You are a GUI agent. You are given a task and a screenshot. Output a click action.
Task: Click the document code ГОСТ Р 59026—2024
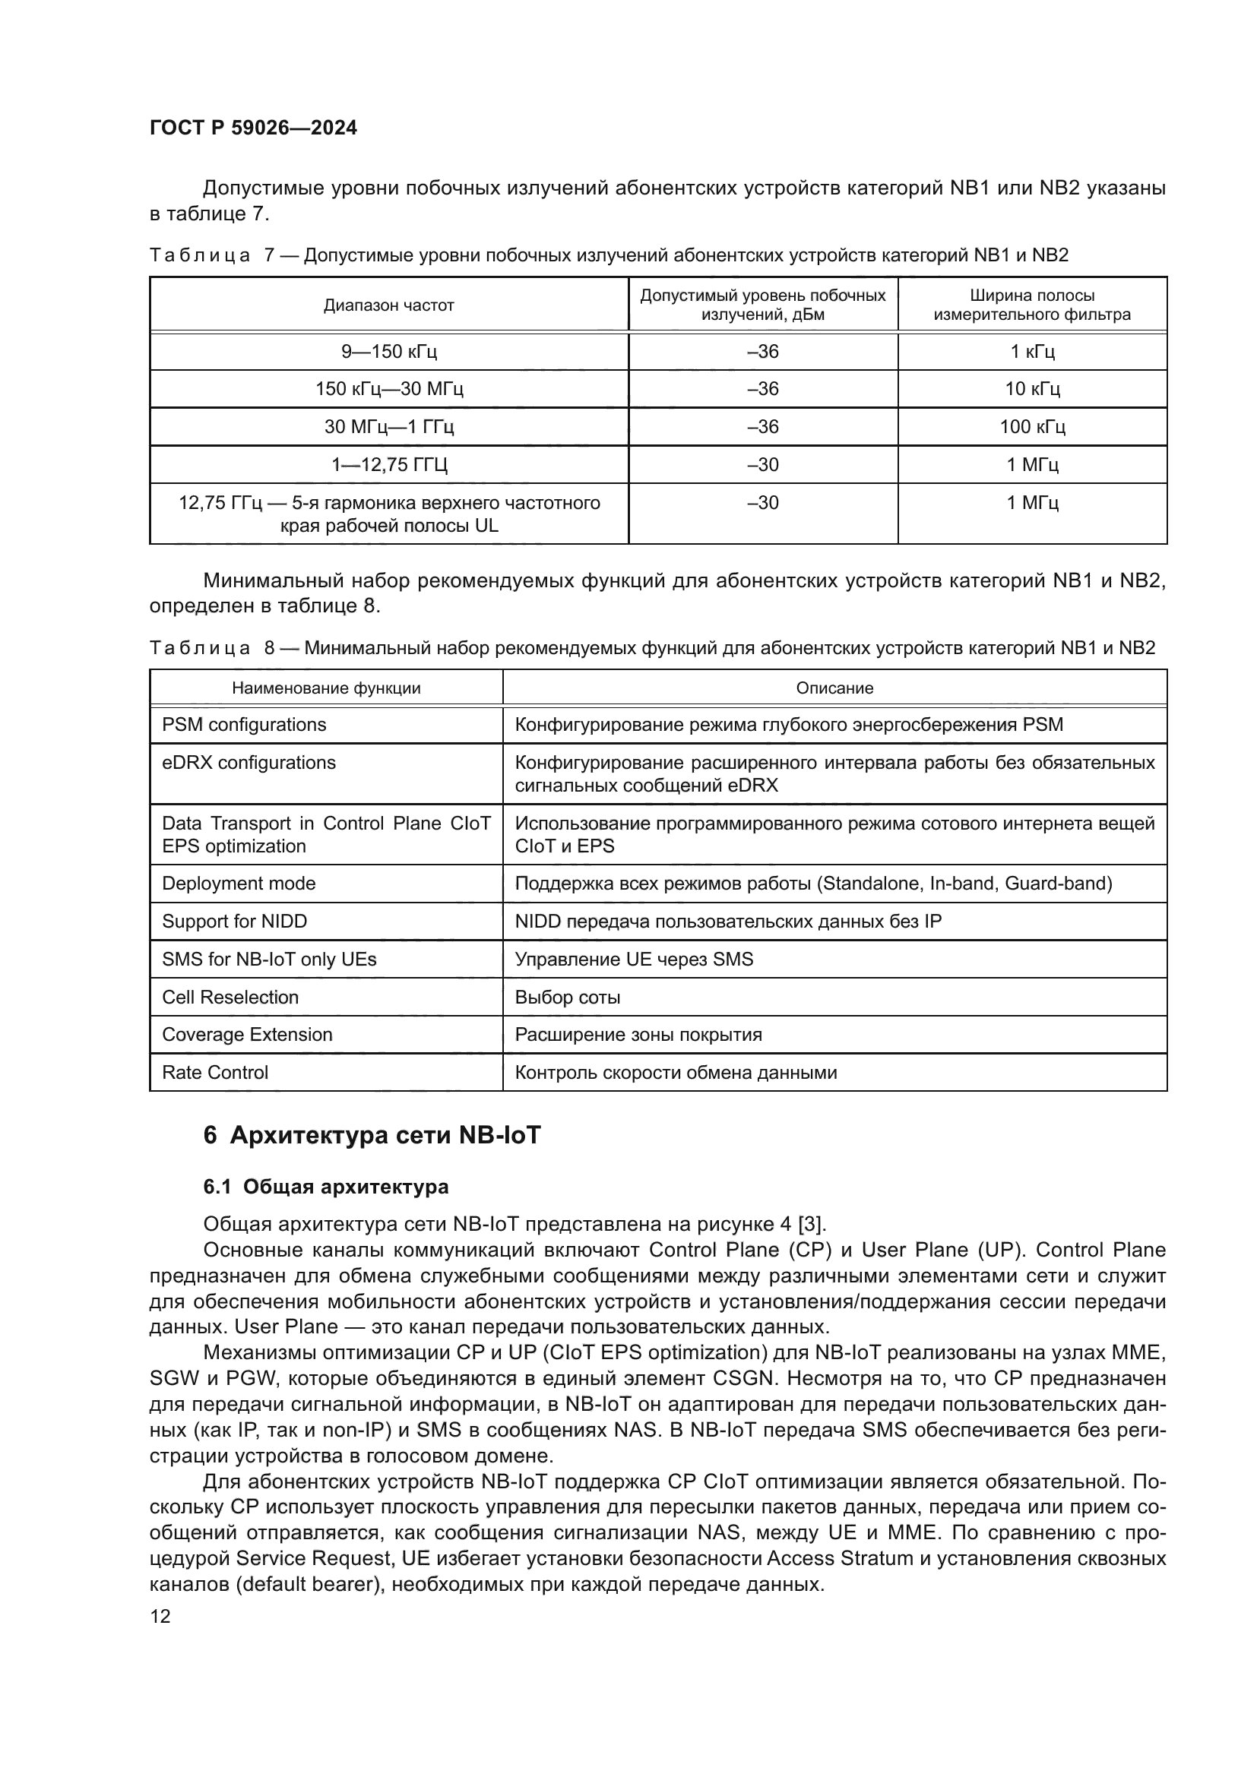point(253,128)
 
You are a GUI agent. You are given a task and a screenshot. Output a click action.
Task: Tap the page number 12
point(160,1616)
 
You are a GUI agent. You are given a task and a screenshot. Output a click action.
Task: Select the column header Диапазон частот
point(388,305)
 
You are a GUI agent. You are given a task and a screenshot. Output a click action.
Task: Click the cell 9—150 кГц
point(388,352)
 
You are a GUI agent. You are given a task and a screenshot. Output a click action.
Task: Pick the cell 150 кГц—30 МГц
point(388,388)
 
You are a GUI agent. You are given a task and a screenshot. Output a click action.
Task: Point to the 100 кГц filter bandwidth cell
point(1032,426)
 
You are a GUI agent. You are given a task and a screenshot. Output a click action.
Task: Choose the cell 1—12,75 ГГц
point(388,464)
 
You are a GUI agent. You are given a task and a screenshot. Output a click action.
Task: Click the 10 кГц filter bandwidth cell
point(1032,388)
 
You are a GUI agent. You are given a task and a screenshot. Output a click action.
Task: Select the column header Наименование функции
point(326,688)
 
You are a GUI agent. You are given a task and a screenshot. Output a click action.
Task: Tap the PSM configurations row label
point(244,725)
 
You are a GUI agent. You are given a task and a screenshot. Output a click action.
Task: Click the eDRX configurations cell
point(249,762)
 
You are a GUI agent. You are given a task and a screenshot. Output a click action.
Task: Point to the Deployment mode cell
point(239,883)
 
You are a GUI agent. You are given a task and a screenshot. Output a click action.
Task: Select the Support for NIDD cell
point(235,921)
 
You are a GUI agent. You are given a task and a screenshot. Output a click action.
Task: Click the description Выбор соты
point(568,997)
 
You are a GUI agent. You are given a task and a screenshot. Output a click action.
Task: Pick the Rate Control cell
point(215,1072)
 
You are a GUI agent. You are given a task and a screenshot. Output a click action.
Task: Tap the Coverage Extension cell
point(247,1034)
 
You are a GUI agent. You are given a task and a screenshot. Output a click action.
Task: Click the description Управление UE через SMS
point(634,959)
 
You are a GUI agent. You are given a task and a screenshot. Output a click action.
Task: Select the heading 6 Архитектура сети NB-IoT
point(372,1135)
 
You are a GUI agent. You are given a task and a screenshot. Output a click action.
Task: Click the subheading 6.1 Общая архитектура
point(326,1187)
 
